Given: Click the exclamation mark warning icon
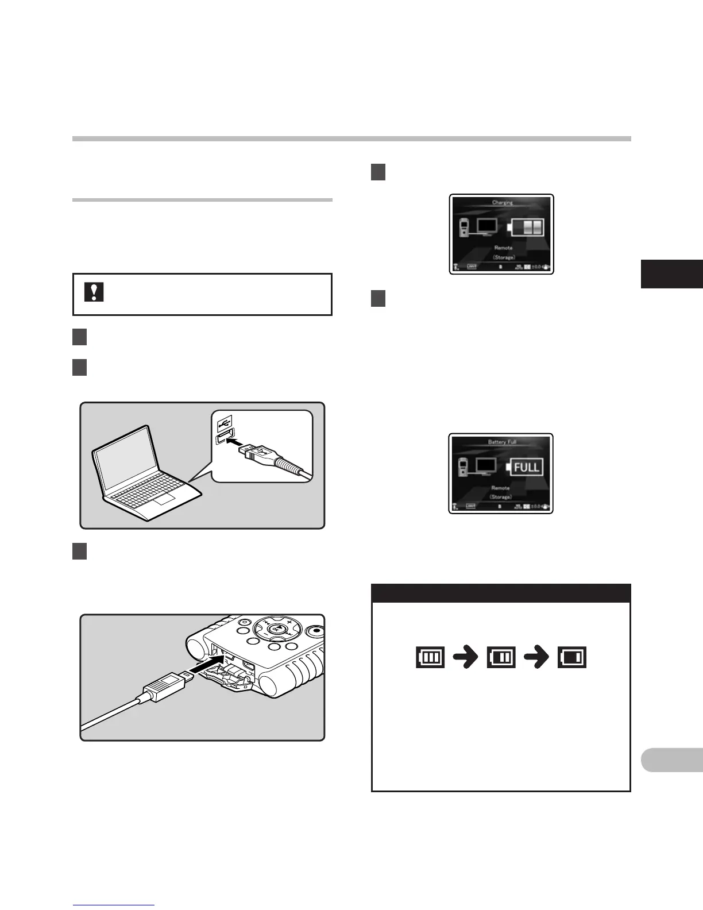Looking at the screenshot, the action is click(94, 292).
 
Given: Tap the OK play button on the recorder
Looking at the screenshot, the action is click(276, 629).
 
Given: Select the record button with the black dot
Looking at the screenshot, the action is click(315, 631).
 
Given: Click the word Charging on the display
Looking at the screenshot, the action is click(502, 202).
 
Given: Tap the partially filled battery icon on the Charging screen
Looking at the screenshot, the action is click(527, 227).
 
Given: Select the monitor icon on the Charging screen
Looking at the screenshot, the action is click(487, 225).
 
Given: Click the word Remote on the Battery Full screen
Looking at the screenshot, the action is click(500, 488).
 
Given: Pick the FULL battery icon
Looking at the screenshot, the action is click(525, 466).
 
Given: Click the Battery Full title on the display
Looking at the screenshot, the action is click(502, 442).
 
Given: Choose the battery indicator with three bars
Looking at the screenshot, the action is click(430, 657).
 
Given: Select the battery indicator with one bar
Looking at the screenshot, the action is click(572, 657).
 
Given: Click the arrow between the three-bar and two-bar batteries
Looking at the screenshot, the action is click(466, 657).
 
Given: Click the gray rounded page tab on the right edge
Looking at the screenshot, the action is click(672, 759).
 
